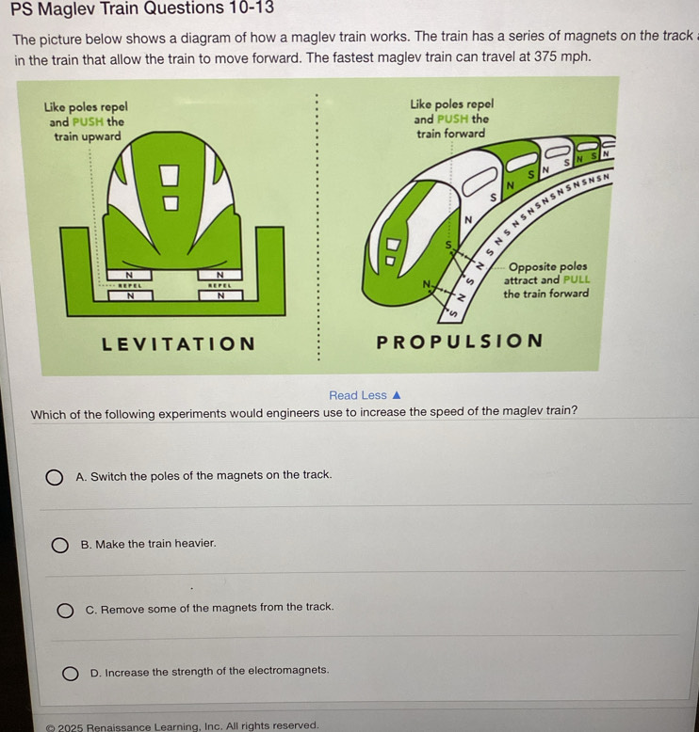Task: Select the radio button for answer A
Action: coord(55,477)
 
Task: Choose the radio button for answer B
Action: coord(60,545)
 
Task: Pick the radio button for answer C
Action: coord(65,610)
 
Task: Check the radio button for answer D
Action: coord(70,673)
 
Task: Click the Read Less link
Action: coord(365,395)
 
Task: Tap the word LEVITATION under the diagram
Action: coord(179,344)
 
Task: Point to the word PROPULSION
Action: coord(459,342)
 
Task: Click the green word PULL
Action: coord(577,279)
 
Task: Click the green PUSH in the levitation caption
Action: coord(88,122)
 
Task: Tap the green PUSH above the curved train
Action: coord(452,119)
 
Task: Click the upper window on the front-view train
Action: coord(170,175)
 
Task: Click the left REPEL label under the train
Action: coord(129,285)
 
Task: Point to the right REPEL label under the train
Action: coord(219,285)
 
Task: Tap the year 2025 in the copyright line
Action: coord(71,727)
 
